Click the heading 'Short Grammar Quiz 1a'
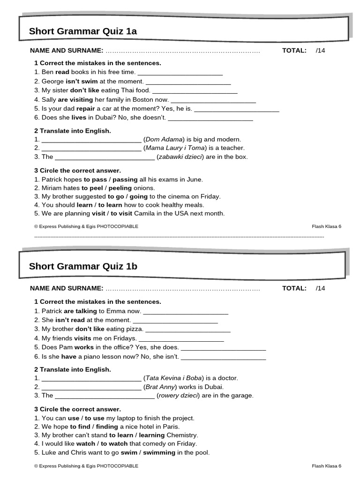[x=82, y=31]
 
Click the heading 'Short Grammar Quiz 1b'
[x=83, y=266]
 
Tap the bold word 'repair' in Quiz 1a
[x=92, y=108]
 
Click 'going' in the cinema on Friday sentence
[x=139, y=196]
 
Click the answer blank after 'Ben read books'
[x=180, y=73]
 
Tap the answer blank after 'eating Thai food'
[x=195, y=91]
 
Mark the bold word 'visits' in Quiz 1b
[x=82, y=338]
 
